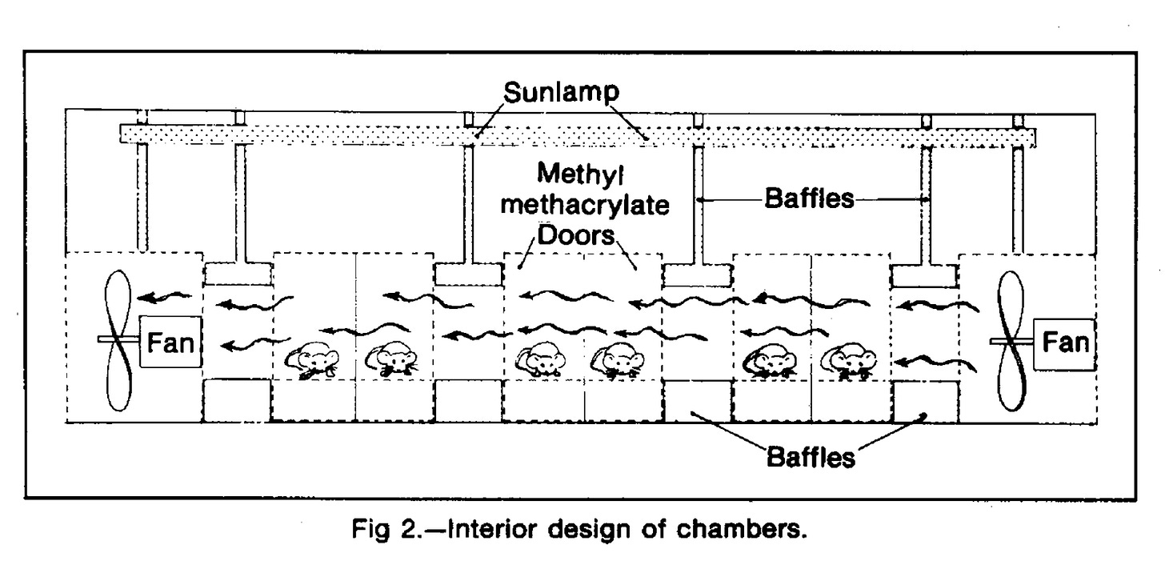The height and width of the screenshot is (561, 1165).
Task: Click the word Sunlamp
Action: click(x=561, y=93)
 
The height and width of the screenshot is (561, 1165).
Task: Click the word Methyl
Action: click(x=580, y=174)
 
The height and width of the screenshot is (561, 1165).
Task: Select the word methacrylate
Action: click(x=585, y=205)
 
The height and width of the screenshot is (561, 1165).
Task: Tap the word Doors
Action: click(x=576, y=235)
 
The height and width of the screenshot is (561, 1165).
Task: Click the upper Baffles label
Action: click(x=809, y=198)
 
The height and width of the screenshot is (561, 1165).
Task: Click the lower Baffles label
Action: click(x=811, y=458)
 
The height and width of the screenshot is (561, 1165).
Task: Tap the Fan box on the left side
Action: click(x=170, y=342)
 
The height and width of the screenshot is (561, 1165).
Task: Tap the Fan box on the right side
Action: click(x=1065, y=343)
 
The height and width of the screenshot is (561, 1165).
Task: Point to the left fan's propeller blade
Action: click(x=118, y=340)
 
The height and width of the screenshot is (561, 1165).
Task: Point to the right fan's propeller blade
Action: click(x=1011, y=341)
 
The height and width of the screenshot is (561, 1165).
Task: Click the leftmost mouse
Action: click(x=312, y=359)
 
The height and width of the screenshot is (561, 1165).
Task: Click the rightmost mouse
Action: click(x=849, y=360)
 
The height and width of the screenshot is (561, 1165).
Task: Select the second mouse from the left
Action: click(x=391, y=358)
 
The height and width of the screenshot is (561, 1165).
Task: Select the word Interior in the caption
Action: click(x=492, y=530)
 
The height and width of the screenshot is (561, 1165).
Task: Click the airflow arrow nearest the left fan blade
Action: click(x=164, y=297)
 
